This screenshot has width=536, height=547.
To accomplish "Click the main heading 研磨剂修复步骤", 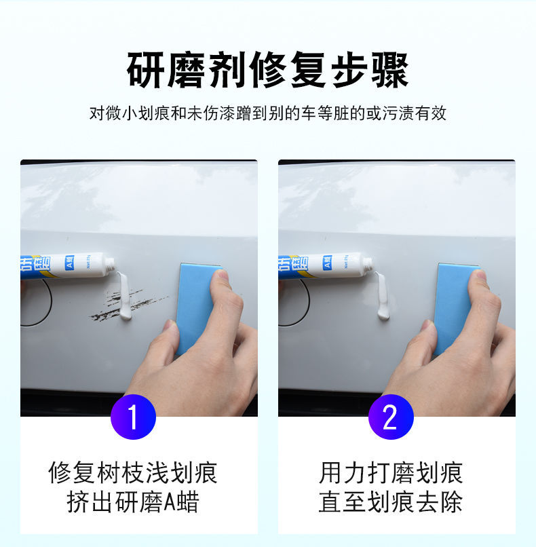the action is coord(267,70).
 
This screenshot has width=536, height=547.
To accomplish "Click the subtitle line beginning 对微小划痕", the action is coord(268,113).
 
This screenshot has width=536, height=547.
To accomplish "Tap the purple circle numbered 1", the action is coord(133,417).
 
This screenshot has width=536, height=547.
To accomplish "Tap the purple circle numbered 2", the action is coord(391,417).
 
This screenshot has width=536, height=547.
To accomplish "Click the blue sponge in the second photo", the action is coord(453,307).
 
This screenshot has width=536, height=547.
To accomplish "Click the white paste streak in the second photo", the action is coord(382,296).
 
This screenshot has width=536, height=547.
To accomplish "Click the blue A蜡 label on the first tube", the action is coord(70,263).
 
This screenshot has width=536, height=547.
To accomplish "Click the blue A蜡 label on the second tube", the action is coord(328,263).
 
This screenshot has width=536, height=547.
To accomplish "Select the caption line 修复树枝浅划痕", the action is coord(133,473).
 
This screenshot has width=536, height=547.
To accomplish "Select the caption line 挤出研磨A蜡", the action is coord(133,502).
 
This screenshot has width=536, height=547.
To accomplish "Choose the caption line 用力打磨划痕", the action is coord(391,473).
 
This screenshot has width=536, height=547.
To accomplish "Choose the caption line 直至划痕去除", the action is coord(391,502).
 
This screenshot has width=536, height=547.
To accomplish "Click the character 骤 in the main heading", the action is coord(389,70).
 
